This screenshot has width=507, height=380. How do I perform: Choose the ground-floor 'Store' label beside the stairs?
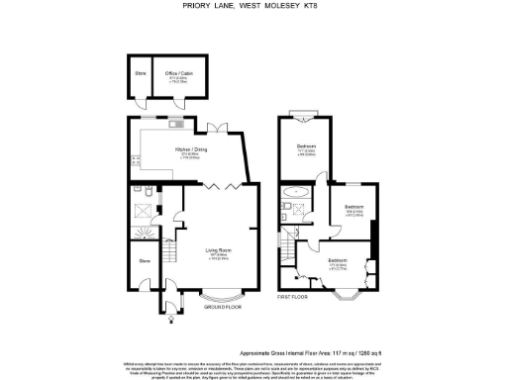click(145, 261)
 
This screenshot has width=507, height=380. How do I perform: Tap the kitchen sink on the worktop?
click(172, 125)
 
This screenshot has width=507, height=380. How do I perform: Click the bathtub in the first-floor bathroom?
click(294, 189)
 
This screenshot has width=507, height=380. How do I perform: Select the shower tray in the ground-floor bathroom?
click(144, 211)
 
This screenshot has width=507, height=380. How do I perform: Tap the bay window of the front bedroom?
click(351, 295)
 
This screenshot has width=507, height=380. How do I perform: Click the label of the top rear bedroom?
click(307, 149)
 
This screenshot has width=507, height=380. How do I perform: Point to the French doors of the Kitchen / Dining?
click(218, 125)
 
